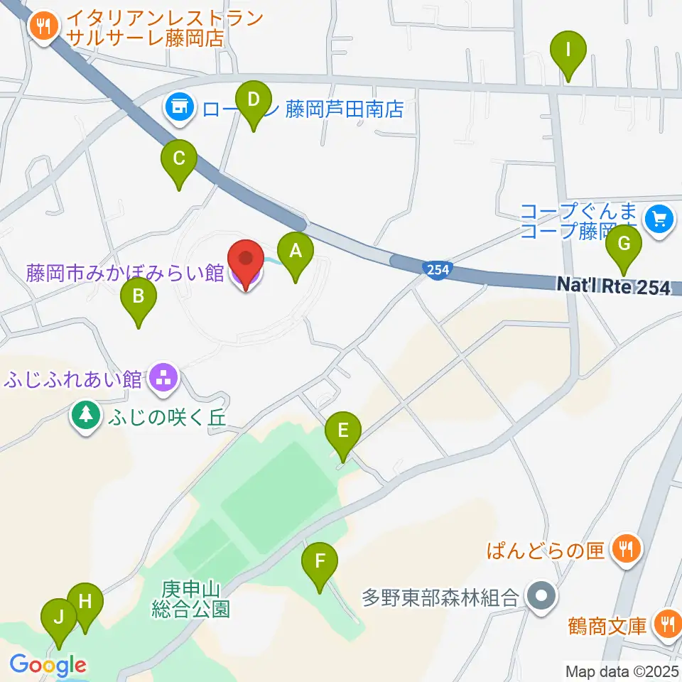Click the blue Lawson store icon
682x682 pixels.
click(179, 108)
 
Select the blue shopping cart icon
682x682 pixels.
click(660, 220)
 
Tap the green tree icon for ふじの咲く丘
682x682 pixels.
click(87, 415)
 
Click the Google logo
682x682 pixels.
click(48, 665)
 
